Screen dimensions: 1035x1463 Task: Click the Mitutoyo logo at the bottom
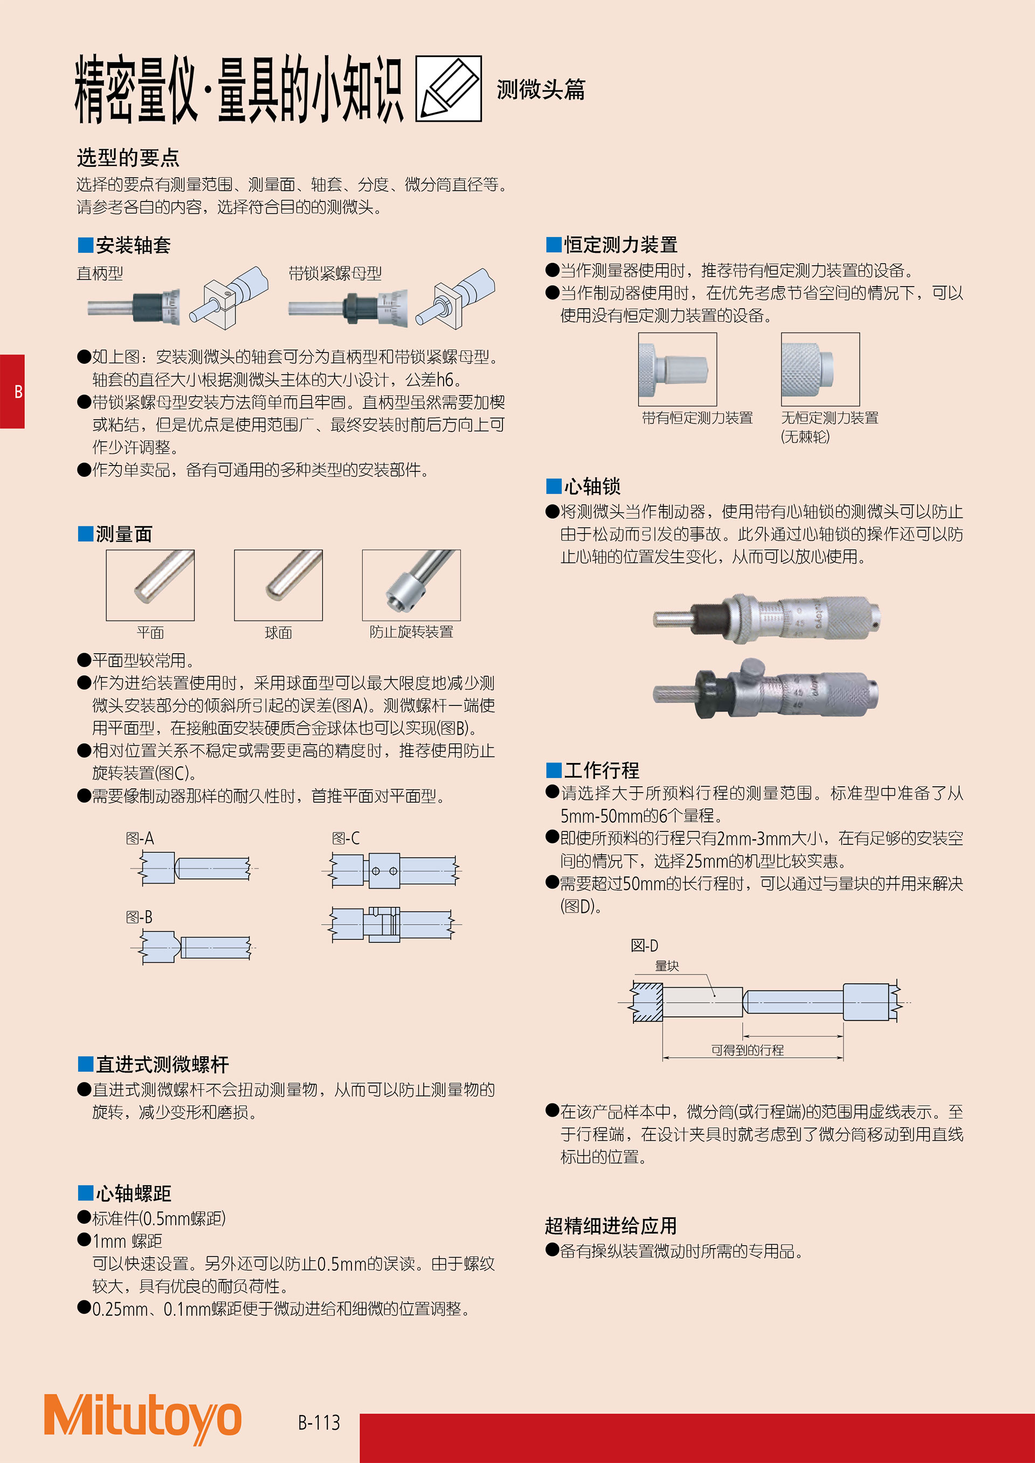142,1417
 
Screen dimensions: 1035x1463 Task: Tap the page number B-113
319,1422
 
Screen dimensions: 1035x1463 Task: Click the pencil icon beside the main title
448,88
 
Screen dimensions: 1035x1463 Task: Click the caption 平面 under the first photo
150,632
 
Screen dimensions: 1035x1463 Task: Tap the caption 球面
279,632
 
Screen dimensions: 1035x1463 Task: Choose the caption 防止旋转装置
411,632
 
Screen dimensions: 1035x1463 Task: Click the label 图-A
140,838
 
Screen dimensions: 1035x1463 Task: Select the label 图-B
139,917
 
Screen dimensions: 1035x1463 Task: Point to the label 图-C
346,838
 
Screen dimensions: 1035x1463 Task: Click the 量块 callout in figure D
667,966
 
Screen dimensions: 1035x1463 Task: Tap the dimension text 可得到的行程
747,1050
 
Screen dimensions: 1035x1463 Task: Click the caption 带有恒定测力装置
697,418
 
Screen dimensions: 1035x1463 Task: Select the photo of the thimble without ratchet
820,369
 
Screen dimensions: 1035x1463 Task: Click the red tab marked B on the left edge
12,391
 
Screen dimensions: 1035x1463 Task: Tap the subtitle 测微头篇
541,89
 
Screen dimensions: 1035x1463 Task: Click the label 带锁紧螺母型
335,273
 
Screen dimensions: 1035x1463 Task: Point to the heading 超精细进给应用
611,1225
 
